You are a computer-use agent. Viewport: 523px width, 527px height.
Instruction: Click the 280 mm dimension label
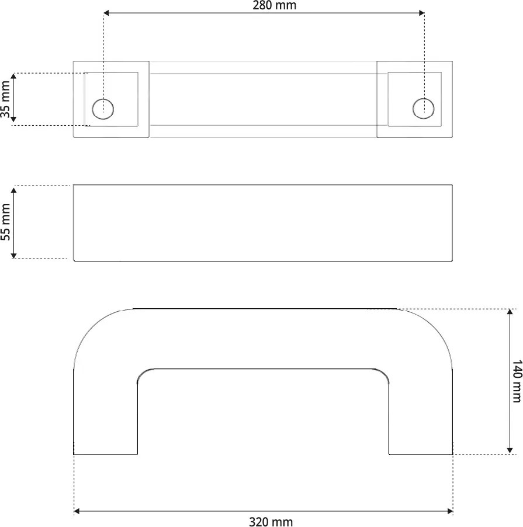click(274, 6)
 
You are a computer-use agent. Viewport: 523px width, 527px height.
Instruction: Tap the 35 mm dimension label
click(6, 99)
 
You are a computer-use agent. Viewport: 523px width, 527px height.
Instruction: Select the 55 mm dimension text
click(6, 222)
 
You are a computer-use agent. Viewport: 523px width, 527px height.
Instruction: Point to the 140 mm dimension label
click(517, 381)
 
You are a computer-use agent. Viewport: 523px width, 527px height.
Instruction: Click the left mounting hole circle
click(103, 108)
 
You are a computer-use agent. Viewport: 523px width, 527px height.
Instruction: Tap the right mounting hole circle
click(424, 108)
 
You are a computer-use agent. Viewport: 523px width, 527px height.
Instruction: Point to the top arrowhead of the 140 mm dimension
click(510, 313)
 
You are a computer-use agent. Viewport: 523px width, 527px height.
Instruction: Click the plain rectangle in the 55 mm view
click(262, 223)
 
